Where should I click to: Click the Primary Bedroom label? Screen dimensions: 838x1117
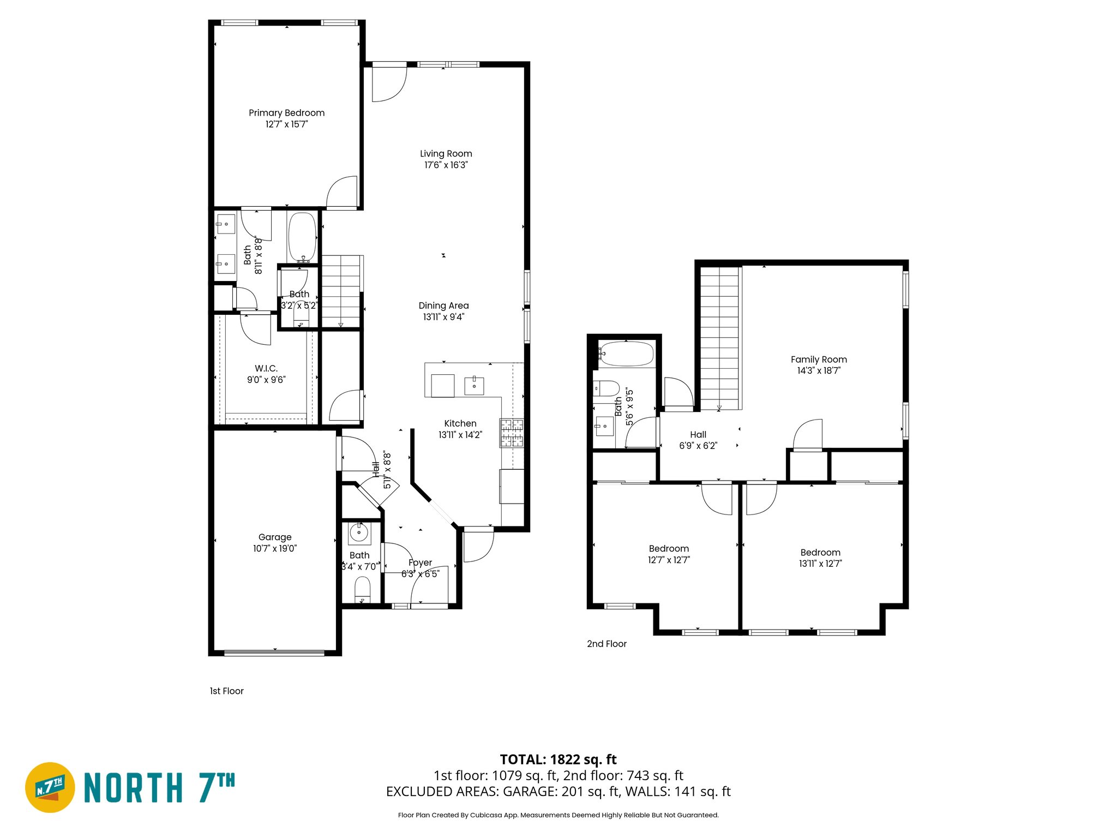[x=286, y=113]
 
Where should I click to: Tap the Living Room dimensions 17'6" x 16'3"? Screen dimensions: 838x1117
[x=446, y=165]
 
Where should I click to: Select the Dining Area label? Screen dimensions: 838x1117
[x=443, y=306]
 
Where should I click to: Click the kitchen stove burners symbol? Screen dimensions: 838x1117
[x=512, y=433]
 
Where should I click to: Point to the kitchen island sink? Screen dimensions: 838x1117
[x=474, y=385]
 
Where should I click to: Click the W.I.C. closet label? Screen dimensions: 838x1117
[x=266, y=369]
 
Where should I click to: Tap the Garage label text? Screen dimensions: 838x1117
[x=275, y=537]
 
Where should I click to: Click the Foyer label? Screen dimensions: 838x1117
[x=420, y=562]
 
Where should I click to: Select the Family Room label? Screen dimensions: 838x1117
[x=819, y=360]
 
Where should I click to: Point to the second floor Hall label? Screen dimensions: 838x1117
[x=698, y=435]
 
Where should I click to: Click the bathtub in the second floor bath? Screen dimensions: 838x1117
[x=626, y=354]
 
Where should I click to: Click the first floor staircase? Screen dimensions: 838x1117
[x=341, y=292]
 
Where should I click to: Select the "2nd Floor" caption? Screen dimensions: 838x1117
[x=606, y=644]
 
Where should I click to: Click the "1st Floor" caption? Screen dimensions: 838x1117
[x=226, y=691]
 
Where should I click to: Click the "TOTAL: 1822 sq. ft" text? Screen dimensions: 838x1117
[x=558, y=759]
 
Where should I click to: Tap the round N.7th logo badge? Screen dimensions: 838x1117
[x=50, y=787]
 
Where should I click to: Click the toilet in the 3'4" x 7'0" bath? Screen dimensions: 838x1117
[x=362, y=591]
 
